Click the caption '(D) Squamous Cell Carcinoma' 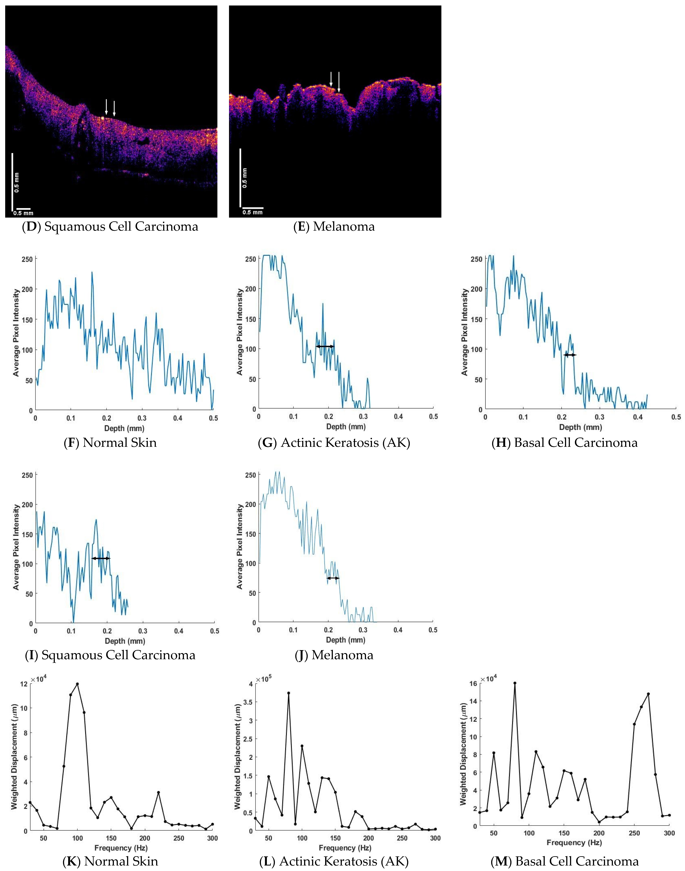coord(110,227)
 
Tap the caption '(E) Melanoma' coord(334,227)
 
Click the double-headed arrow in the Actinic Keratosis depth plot coord(325,346)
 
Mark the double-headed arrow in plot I coord(101,558)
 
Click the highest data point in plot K coord(77,684)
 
